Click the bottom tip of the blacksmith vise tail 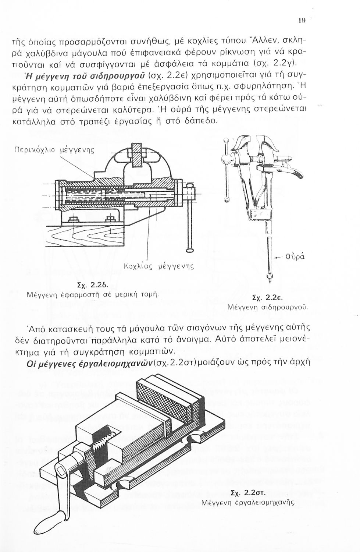coord(270,282)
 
